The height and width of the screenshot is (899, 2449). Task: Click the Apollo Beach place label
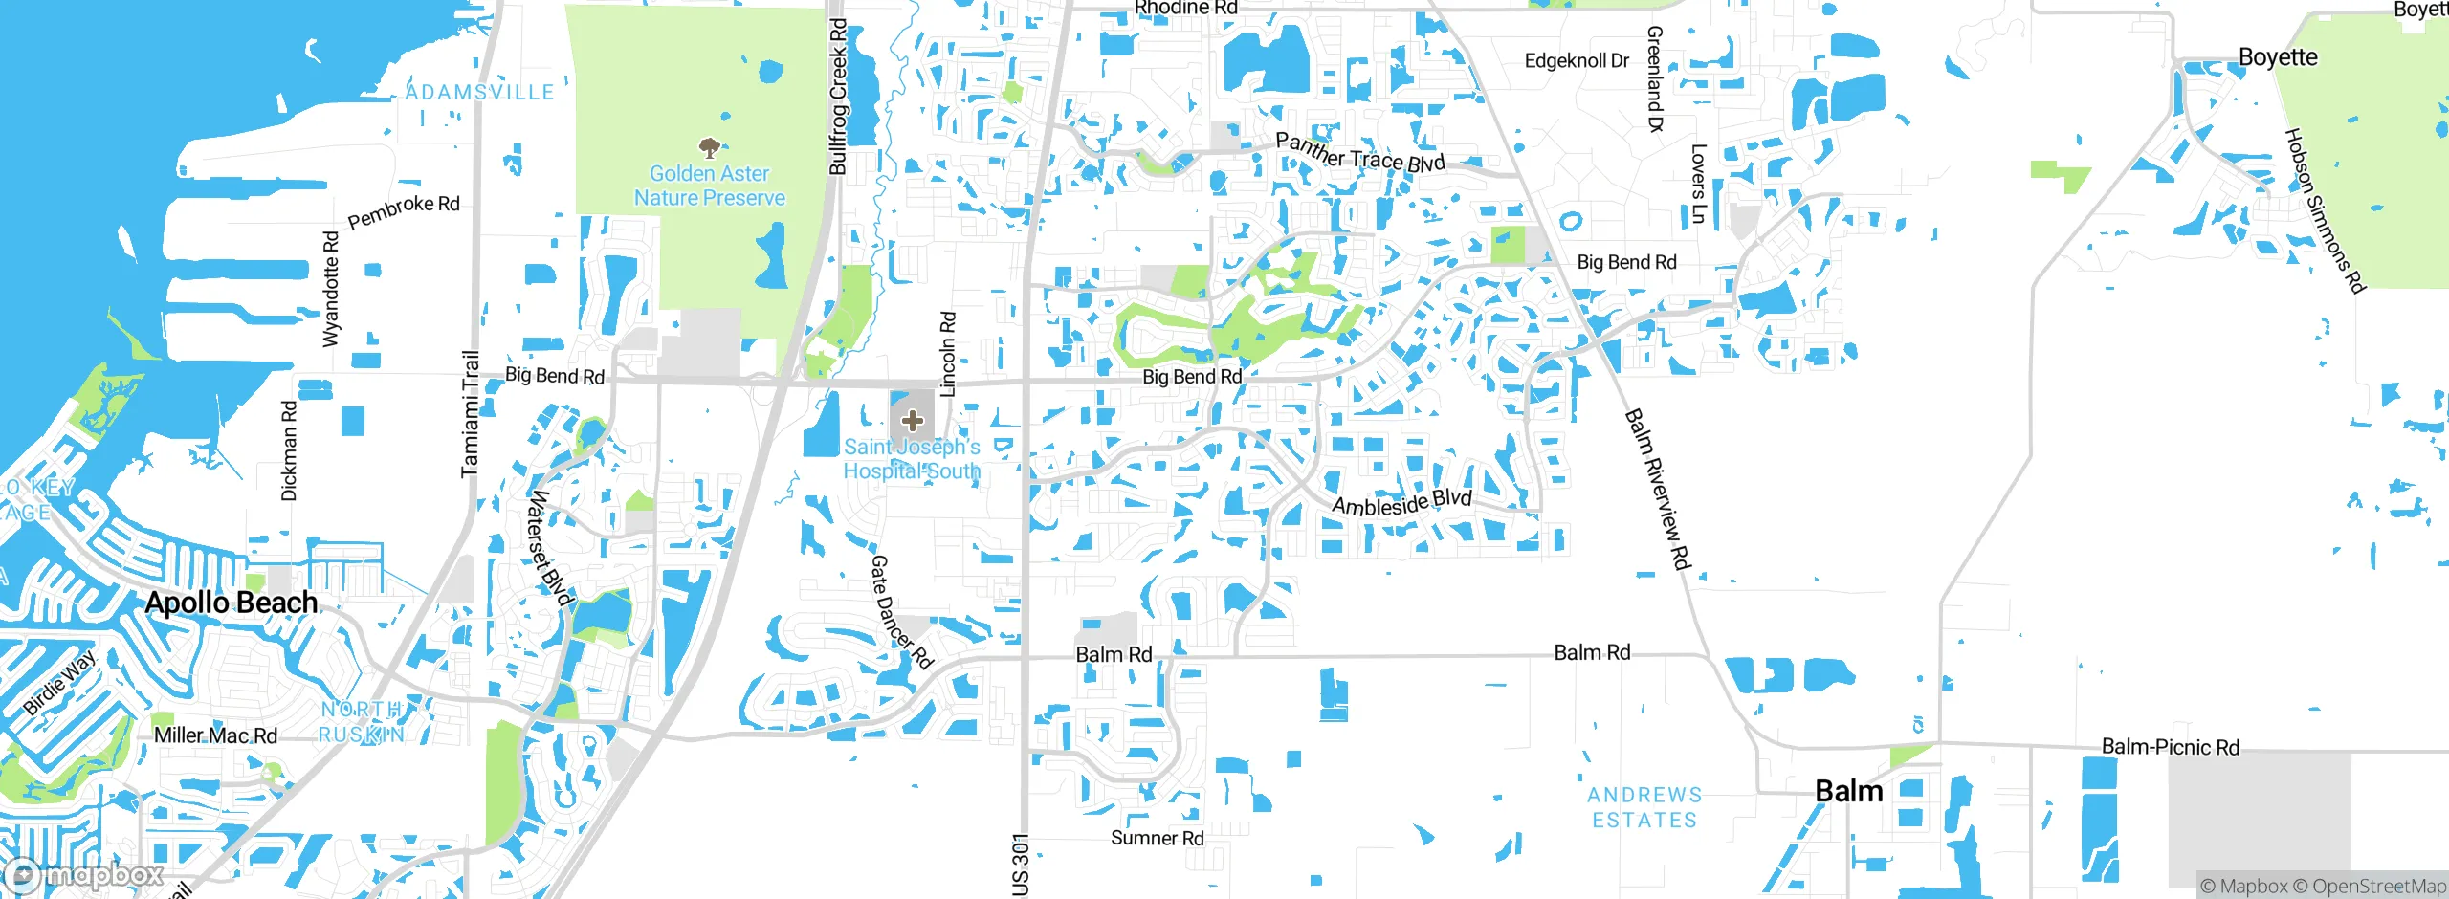pos(232,603)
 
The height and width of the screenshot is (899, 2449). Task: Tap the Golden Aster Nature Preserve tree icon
pos(709,148)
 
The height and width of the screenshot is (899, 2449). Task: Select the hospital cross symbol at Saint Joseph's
pos(913,420)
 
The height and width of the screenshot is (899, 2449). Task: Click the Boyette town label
pos(2278,57)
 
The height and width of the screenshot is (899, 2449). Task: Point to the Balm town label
pos(1848,791)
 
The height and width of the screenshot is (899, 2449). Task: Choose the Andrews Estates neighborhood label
pos(1644,807)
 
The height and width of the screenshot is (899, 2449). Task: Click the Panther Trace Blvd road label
pos(1359,154)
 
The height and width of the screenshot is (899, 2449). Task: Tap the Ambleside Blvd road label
pos(1401,502)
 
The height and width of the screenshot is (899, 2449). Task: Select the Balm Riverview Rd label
pos(1657,489)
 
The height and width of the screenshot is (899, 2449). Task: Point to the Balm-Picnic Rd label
pos(2170,747)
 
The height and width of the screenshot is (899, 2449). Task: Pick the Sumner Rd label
pos(1157,838)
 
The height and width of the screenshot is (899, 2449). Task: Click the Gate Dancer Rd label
pos(900,612)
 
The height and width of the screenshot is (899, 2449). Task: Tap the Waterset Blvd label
pos(550,548)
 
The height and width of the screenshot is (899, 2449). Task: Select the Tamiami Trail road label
pos(470,413)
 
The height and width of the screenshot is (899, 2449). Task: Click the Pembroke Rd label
pos(403,212)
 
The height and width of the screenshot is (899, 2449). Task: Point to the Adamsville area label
pos(479,93)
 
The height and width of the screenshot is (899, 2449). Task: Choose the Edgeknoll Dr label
pos(1576,61)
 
